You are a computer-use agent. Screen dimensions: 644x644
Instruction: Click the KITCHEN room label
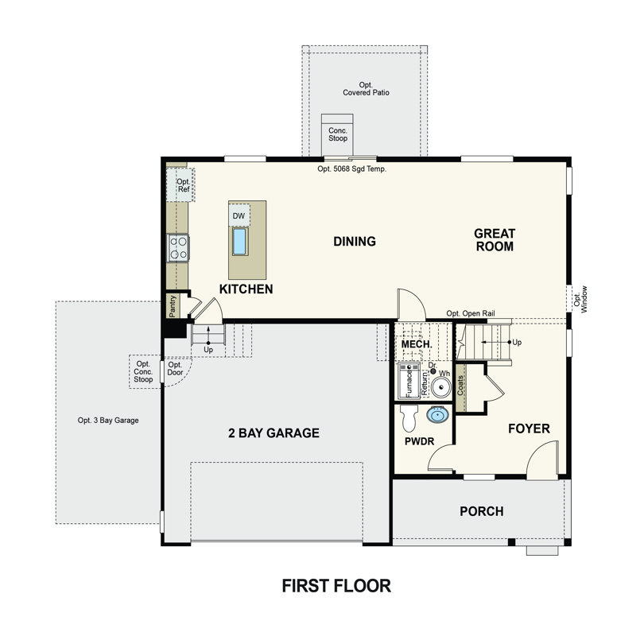coord(246,289)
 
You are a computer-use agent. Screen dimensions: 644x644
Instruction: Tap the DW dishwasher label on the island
coord(239,216)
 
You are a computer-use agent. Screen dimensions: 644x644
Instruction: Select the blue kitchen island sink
coord(239,241)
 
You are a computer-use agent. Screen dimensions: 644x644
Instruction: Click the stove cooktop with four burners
coord(178,248)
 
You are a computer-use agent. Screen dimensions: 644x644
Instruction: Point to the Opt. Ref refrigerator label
coord(184,185)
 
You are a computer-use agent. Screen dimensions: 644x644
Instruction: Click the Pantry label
coord(173,306)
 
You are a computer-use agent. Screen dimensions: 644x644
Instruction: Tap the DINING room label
coord(355,242)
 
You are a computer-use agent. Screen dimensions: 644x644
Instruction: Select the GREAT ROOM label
coord(495,240)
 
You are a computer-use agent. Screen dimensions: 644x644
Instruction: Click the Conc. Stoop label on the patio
coord(338,134)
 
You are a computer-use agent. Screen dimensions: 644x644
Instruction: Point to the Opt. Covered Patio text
coord(366,89)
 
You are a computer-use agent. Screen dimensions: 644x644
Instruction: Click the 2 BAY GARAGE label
coord(274,433)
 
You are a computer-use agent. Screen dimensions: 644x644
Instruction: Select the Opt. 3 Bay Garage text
coord(108,420)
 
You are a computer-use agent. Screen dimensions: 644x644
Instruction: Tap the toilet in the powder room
coord(409,417)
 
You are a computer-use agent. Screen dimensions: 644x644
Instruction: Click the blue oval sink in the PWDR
coord(437,414)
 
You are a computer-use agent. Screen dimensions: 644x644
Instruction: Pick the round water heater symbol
coord(441,387)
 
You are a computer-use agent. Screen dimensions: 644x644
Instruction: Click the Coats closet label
coord(460,386)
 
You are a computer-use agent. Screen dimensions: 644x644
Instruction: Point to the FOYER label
coord(529,429)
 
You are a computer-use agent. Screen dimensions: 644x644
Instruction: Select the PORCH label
coord(482,511)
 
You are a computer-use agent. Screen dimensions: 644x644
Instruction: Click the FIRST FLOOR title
coord(336,586)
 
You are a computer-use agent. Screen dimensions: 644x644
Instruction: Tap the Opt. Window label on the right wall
coord(580,300)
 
